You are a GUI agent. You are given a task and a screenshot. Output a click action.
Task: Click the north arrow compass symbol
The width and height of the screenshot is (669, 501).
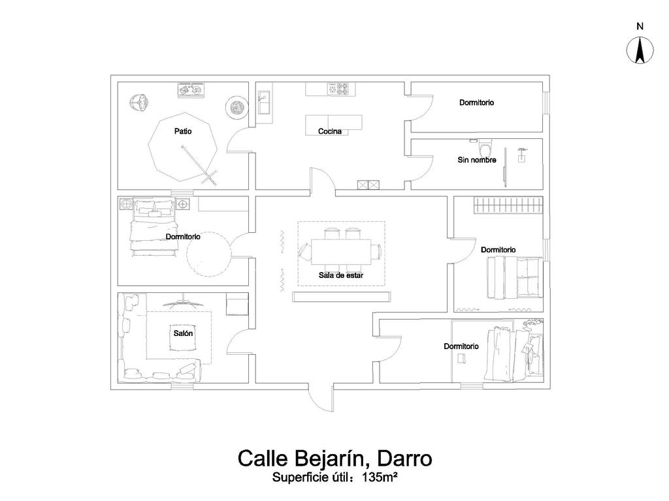[640, 52]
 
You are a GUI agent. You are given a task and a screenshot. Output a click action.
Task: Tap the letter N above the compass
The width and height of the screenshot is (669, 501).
[640, 27]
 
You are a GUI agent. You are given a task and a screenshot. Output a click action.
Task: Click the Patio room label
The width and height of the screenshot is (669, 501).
[183, 131]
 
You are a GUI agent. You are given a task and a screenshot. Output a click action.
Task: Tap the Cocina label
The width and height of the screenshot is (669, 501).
[330, 131]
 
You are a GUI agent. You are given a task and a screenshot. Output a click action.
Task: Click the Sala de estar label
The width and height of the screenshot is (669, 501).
[341, 275]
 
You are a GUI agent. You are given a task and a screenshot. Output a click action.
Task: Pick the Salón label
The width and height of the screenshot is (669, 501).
[183, 333]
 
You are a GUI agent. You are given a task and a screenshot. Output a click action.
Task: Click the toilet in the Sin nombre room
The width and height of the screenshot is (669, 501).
[485, 147]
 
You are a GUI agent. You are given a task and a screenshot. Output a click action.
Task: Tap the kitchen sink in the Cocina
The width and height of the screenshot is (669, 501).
[265, 104]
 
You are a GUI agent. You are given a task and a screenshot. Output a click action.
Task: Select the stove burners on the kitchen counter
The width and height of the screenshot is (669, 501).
[340, 89]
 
